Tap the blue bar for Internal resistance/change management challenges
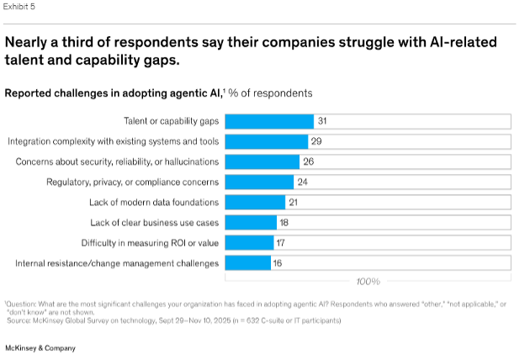point(247,263)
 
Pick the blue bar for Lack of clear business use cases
point(252,223)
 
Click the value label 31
point(322,121)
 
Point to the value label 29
point(316,141)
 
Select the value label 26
point(308,161)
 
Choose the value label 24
point(302,182)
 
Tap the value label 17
point(280,243)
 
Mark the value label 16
point(278,263)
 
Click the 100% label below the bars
point(367,281)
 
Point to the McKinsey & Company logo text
point(40,347)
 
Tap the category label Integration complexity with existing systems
point(114,141)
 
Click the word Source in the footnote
point(17,320)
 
